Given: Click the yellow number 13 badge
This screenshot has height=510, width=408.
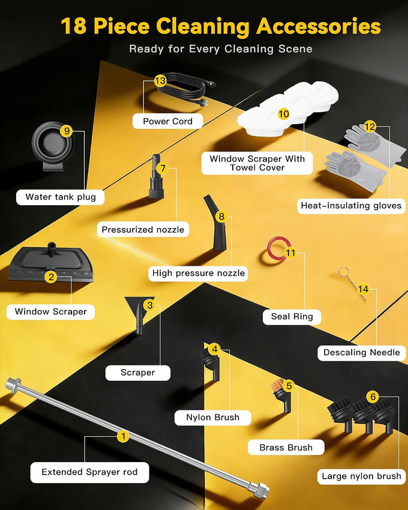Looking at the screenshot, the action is pyautogui.click(x=160, y=80).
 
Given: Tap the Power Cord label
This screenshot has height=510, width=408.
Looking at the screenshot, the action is pyautogui.click(x=167, y=121).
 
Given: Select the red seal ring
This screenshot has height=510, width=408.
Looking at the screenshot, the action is pyautogui.click(x=278, y=248).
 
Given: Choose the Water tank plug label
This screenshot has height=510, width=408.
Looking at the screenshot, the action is pyautogui.click(x=60, y=197).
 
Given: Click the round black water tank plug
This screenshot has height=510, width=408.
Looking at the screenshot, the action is pyautogui.click(x=53, y=145).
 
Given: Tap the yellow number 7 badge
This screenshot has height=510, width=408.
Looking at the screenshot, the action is pyautogui.click(x=163, y=168).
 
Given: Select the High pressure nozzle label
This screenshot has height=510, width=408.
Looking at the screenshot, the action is pyautogui.click(x=199, y=273).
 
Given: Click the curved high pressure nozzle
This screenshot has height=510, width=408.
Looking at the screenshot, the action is pyautogui.click(x=215, y=223).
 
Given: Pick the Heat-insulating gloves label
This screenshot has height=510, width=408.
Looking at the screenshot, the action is pyautogui.click(x=351, y=206).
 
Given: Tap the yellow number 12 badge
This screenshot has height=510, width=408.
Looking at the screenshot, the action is pyautogui.click(x=370, y=126).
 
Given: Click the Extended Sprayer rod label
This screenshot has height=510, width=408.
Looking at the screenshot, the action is pyautogui.click(x=89, y=472).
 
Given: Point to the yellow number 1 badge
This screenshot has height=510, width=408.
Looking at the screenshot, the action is pyautogui.click(x=123, y=436).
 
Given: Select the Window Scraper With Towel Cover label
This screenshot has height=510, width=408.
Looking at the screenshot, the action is pyautogui.click(x=257, y=163).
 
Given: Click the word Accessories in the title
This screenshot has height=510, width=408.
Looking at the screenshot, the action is pyautogui.click(x=318, y=26).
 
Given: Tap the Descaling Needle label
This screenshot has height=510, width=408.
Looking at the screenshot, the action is pyautogui.click(x=361, y=353).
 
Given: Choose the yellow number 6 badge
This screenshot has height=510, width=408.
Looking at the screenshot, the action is pyautogui.click(x=373, y=397).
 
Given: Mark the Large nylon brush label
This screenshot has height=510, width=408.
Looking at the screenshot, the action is pyautogui.click(x=361, y=476).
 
